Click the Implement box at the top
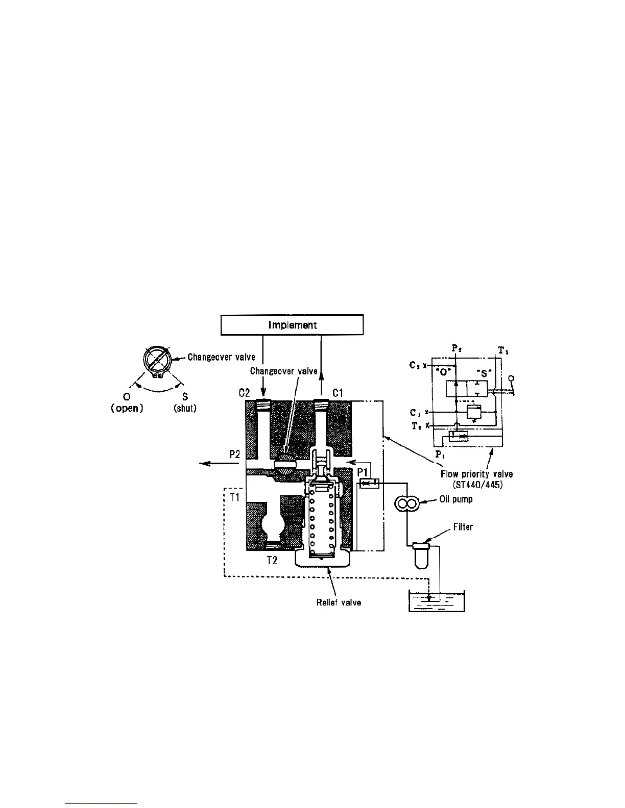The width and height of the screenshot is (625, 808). point(292,325)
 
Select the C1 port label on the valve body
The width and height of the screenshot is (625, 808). point(339,393)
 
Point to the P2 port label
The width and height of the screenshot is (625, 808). point(234,454)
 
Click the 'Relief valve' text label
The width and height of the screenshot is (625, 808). point(339,602)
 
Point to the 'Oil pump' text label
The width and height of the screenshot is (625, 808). point(456,499)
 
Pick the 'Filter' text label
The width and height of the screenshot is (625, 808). point(463,527)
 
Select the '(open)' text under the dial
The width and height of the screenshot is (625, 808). point(126,409)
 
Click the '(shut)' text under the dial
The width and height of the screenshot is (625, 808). point(185,409)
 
